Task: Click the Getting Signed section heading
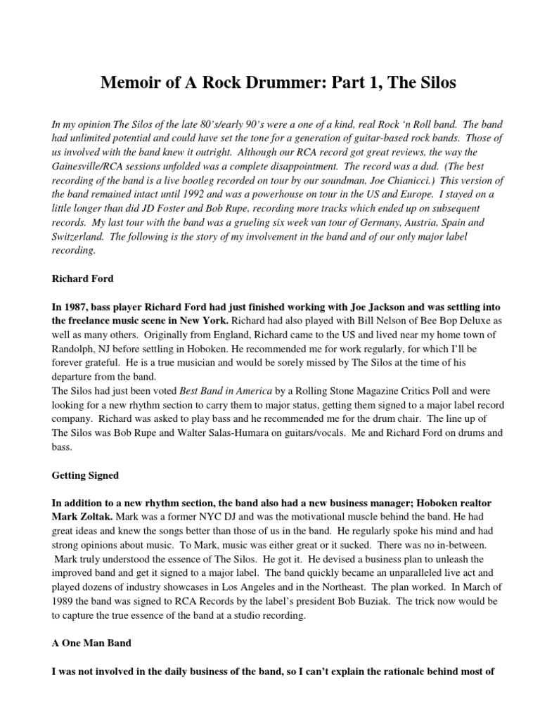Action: click(85, 475)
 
